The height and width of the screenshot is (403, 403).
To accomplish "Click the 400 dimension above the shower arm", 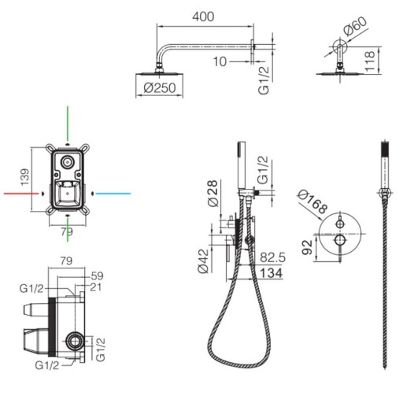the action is click(203, 17).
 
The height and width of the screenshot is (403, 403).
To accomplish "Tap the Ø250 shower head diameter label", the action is click(160, 88).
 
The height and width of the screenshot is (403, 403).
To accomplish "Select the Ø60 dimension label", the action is click(355, 26).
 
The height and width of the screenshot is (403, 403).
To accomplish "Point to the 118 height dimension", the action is click(370, 61).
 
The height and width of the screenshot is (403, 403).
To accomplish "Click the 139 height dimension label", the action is click(25, 177).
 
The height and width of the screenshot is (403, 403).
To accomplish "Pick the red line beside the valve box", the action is click(21, 194).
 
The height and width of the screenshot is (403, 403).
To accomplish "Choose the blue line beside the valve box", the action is click(113, 194).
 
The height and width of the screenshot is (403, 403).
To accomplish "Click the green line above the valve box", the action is click(68, 124).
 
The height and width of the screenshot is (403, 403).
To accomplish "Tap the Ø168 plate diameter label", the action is click(312, 201).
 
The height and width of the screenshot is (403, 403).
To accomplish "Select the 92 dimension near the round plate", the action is click(307, 247).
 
